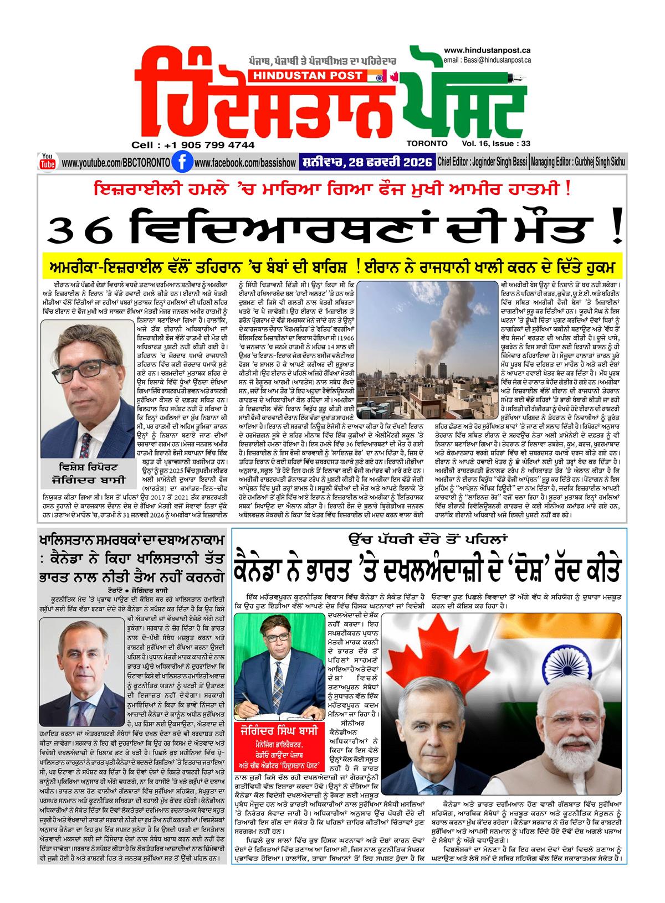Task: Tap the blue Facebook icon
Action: (x=179, y=163)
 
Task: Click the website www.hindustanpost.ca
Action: (x=488, y=50)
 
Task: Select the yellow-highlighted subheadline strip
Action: (x=332, y=267)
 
